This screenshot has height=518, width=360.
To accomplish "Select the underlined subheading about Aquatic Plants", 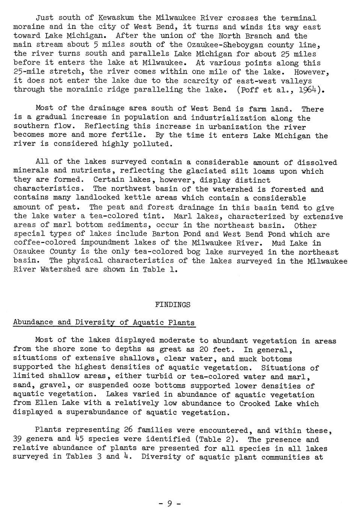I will coord(104,323).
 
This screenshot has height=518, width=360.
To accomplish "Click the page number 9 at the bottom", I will coord(169,503).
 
